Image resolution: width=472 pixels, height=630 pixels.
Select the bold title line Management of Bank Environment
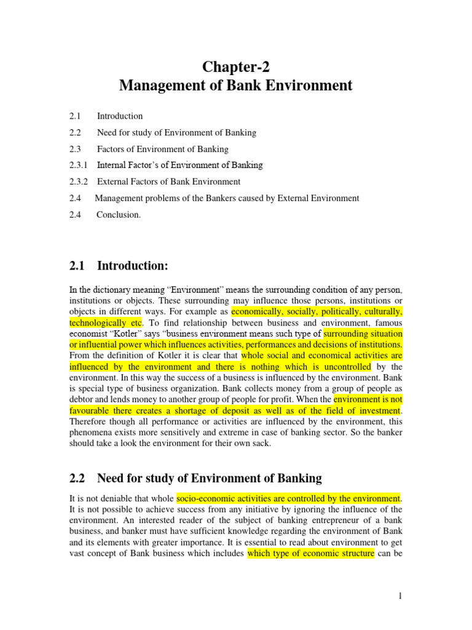(235, 86)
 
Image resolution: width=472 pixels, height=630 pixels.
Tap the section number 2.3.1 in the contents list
(79, 165)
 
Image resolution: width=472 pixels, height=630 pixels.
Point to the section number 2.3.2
(79, 181)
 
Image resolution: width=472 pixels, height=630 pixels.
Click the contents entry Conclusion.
(119, 215)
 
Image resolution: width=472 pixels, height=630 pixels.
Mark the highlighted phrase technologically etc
(106, 322)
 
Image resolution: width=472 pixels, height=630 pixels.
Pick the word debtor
(82, 400)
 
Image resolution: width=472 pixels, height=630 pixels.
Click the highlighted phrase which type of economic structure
(310, 553)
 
